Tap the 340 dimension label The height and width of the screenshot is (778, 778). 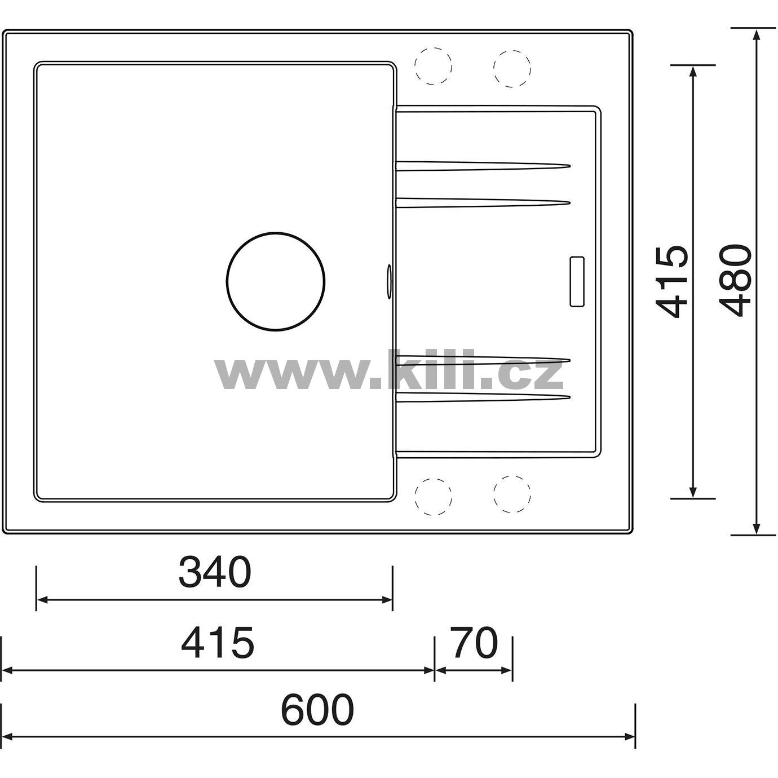click(215, 572)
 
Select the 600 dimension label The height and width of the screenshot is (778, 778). click(317, 710)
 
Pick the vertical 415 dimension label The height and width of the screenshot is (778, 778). click(672, 281)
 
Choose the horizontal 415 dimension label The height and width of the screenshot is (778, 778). click(218, 643)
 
